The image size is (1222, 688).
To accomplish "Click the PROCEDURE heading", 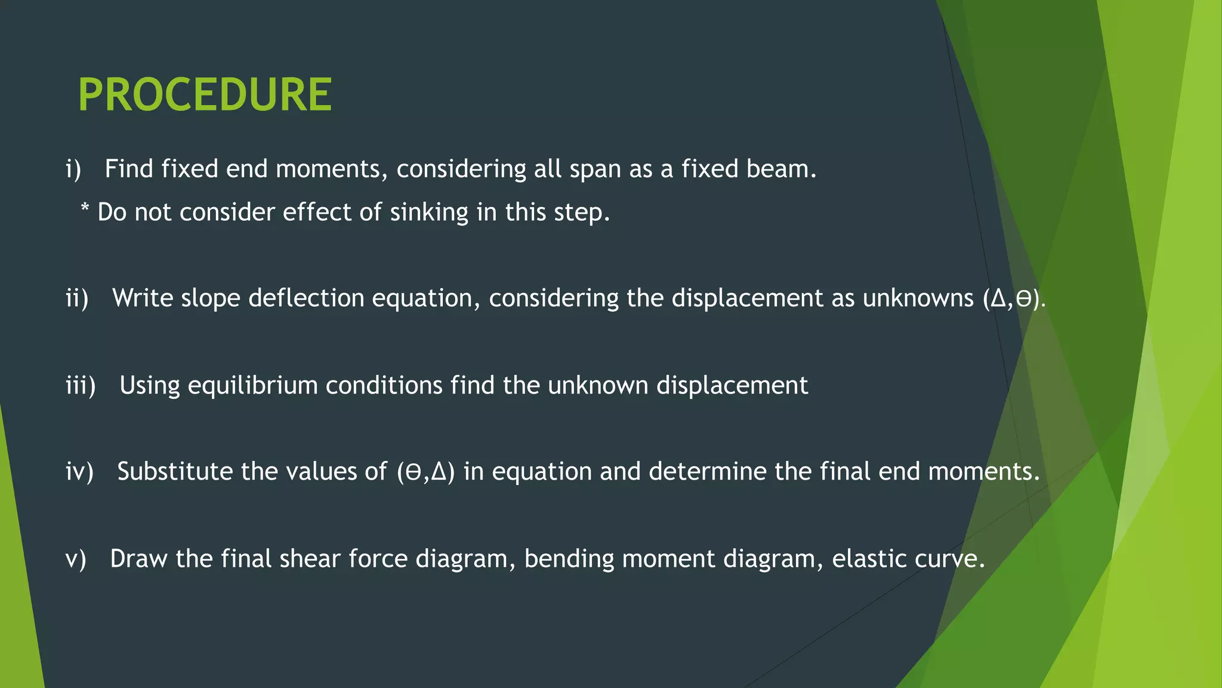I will (205, 95).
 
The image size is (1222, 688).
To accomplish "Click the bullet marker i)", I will (73, 170).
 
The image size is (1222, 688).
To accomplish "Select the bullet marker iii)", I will (81, 386).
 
